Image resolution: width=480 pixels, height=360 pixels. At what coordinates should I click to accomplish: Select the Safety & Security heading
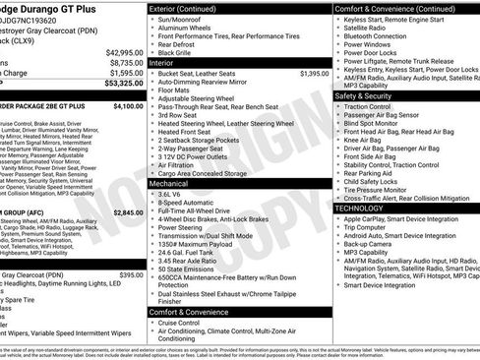click(369, 95)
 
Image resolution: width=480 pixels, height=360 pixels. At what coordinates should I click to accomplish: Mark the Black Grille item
click(180, 50)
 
